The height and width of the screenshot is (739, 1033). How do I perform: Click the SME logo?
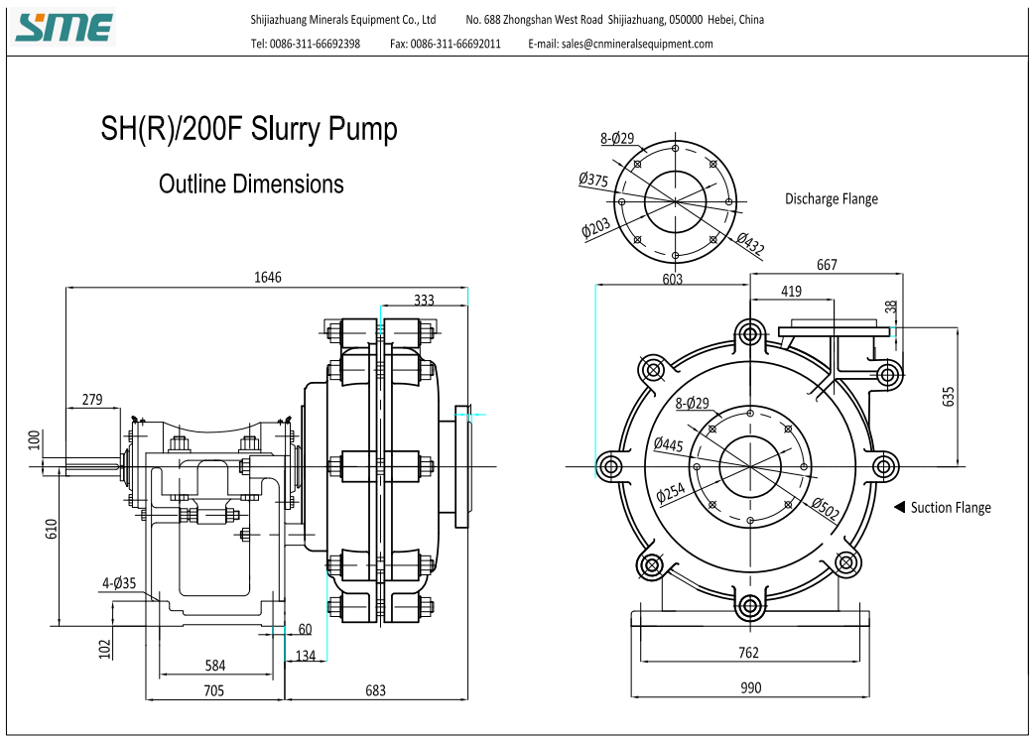click(x=64, y=28)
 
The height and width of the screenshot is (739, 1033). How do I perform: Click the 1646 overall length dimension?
click(x=268, y=278)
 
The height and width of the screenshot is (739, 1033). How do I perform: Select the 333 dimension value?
click(x=424, y=300)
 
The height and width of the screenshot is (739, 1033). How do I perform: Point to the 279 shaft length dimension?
click(x=92, y=399)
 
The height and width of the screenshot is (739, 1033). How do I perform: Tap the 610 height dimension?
click(x=52, y=529)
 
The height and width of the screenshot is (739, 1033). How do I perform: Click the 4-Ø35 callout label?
click(x=119, y=583)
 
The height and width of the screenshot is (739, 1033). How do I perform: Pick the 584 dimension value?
click(x=215, y=666)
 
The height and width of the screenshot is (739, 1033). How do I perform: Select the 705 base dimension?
click(x=214, y=690)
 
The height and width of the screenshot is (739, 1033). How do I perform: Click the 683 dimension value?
click(x=375, y=690)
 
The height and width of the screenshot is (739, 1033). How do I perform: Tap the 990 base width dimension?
click(x=750, y=687)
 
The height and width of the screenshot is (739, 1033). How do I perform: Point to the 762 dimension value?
click(x=748, y=652)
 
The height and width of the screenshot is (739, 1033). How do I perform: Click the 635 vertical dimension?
click(x=948, y=396)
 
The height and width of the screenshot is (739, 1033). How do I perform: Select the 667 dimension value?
click(x=827, y=265)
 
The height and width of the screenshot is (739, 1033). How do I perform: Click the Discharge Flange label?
click(x=832, y=199)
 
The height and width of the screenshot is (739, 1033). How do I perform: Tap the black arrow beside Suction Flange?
click(x=899, y=507)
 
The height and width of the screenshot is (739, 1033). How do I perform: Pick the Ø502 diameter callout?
click(x=825, y=508)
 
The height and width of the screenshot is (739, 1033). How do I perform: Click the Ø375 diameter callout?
click(x=593, y=180)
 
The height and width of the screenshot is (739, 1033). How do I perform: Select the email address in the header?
click(x=620, y=44)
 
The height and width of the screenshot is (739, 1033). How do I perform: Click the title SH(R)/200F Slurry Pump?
click(x=249, y=128)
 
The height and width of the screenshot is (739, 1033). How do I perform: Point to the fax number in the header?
click(x=446, y=44)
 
